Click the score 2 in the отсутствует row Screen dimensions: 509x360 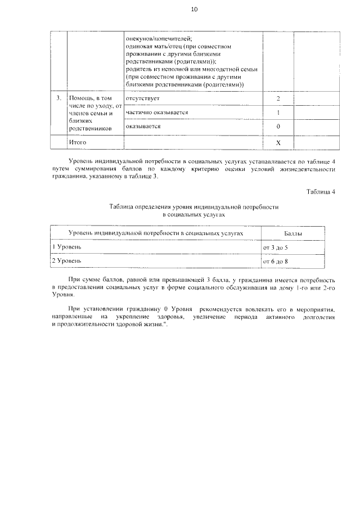[278, 99]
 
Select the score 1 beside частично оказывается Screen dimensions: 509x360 [278, 113]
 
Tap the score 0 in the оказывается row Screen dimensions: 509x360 [278, 127]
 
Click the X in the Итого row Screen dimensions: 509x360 [278, 143]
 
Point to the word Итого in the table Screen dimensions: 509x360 [76, 143]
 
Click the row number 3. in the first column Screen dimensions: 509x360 [58, 98]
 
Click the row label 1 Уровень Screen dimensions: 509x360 [67, 247]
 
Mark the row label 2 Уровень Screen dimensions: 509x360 [67, 261]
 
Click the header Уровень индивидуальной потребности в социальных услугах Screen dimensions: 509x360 [157, 233]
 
